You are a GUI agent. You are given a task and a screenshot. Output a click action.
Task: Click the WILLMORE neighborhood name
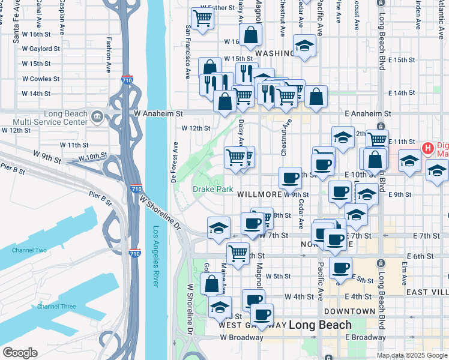point(259,195)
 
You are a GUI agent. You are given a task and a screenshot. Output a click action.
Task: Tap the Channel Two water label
point(25,250)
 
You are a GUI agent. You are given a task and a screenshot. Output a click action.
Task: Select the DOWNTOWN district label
point(349,311)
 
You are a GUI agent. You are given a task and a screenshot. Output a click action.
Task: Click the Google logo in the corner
point(20,353)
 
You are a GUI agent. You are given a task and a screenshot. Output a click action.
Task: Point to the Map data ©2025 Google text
point(412,355)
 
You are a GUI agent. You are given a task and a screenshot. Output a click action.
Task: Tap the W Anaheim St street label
point(158,113)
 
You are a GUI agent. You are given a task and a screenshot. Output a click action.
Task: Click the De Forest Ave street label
point(175,163)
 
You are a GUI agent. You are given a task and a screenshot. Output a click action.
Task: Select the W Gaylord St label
point(41,49)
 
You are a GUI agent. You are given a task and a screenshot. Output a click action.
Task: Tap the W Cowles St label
point(41,79)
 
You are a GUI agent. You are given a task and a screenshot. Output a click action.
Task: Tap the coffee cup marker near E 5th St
point(341,267)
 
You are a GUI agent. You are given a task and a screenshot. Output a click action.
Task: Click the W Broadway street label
point(241,337)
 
